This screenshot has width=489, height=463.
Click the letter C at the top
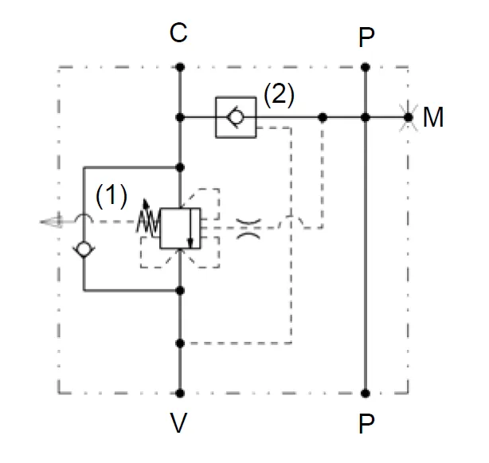(179, 33)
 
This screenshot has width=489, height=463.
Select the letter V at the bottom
(179, 423)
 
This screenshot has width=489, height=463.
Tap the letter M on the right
(433, 118)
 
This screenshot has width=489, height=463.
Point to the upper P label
(366, 37)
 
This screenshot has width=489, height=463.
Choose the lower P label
(366, 423)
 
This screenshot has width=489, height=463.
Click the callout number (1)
(111, 195)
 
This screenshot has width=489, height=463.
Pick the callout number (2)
(279, 96)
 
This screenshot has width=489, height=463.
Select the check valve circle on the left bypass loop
(84, 249)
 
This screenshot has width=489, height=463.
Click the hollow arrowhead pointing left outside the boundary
(49, 222)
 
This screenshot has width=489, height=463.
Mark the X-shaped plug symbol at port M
(409, 117)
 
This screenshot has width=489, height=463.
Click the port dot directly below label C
(180, 68)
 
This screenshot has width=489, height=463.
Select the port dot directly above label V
(180, 393)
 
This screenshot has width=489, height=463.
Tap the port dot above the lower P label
(366, 393)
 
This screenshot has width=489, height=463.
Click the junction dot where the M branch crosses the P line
(366, 117)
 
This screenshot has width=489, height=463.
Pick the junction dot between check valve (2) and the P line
(322, 117)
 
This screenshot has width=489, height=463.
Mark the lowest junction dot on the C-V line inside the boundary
(180, 344)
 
